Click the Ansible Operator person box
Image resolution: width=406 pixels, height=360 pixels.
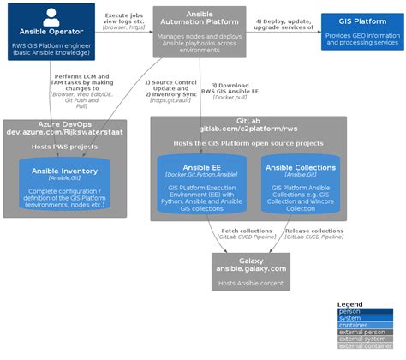click(x=46, y=32)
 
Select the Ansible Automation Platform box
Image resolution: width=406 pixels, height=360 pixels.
click(x=199, y=32)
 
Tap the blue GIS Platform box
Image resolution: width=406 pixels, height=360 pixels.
click(x=358, y=32)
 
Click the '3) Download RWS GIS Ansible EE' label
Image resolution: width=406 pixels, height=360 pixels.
click(x=232, y=89)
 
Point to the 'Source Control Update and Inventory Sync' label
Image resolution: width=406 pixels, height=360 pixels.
click(x=170, y=89)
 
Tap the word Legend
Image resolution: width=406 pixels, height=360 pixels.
click(x=351, y=304)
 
